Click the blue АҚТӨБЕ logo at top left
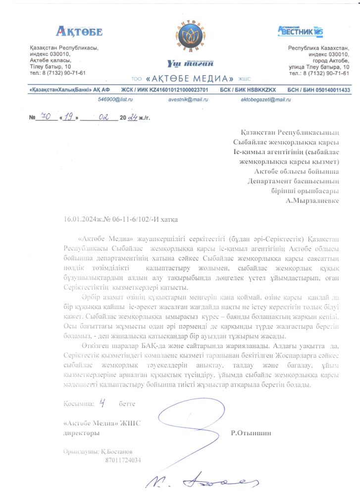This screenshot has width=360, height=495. (79, 32)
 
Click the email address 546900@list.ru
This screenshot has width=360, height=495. (116, 99)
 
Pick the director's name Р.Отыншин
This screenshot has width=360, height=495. (251, 433)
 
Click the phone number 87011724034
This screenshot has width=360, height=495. (123, 460)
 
